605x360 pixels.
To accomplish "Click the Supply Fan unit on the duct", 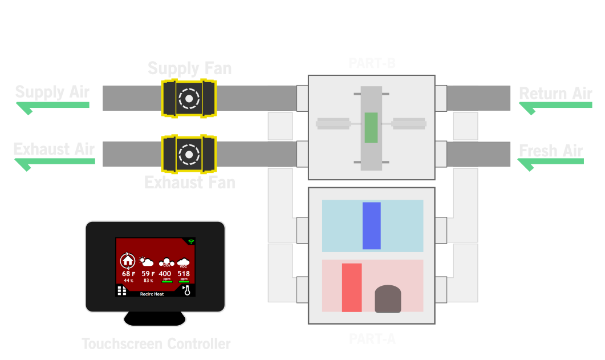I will click(188, 98).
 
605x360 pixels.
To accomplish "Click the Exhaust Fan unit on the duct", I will click(188, 154).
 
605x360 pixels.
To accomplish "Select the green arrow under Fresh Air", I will click(551, 164).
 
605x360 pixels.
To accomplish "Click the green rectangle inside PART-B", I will click(371, 128).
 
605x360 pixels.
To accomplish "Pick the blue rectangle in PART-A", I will click(371, 226).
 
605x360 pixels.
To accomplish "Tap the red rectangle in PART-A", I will click(352, 288).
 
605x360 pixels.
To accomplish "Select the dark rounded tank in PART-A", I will click(388, 299).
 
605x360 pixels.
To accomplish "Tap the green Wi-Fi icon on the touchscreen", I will click(190, 242).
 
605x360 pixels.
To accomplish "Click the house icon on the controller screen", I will click(128, 261).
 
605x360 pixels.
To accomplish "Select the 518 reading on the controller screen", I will click(184, 274).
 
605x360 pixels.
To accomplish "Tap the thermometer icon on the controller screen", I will click(186, 291).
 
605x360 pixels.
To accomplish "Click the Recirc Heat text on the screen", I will click(152, 294).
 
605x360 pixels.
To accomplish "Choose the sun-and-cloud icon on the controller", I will click(147, 262).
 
